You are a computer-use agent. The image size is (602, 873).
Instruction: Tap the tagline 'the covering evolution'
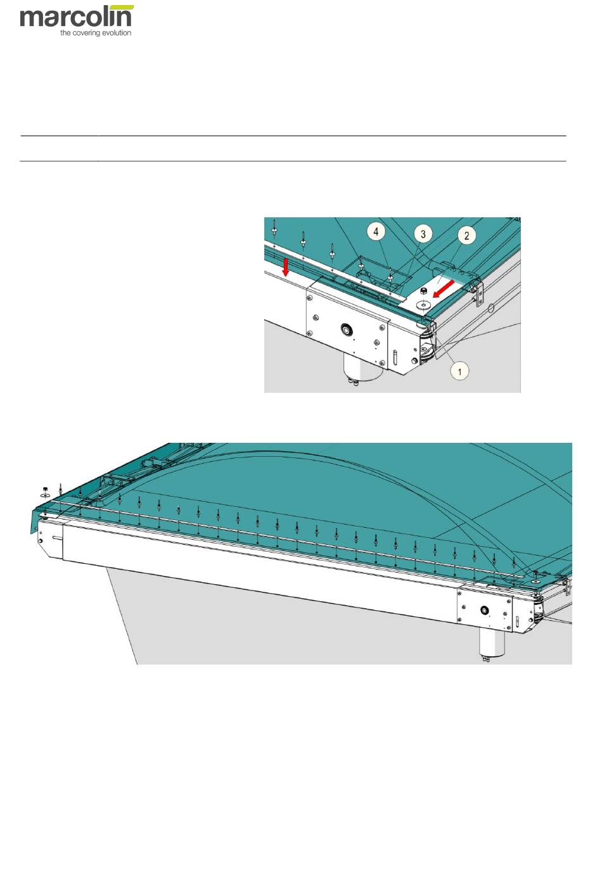coord(96,33)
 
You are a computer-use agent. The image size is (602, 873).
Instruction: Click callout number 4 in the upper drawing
coord(376,232)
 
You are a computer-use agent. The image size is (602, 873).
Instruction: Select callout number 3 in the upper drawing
coord(423,234)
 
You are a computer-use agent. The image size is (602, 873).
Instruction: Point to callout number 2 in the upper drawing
coord(466,235)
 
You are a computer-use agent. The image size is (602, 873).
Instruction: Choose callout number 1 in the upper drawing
coord(459,371)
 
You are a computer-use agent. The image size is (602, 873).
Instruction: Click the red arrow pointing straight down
coord(285,266)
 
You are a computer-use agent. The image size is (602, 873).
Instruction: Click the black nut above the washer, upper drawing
coord(423,292)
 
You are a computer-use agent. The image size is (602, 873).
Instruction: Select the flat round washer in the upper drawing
coord(423,304)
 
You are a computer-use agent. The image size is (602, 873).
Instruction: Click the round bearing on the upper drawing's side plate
coord(346,329)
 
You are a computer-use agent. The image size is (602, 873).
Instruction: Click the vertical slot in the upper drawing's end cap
coord(395,357)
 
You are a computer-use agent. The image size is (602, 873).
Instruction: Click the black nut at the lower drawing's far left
coord(45,489)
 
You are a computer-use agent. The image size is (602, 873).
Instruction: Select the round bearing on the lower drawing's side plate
coord(484,610)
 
